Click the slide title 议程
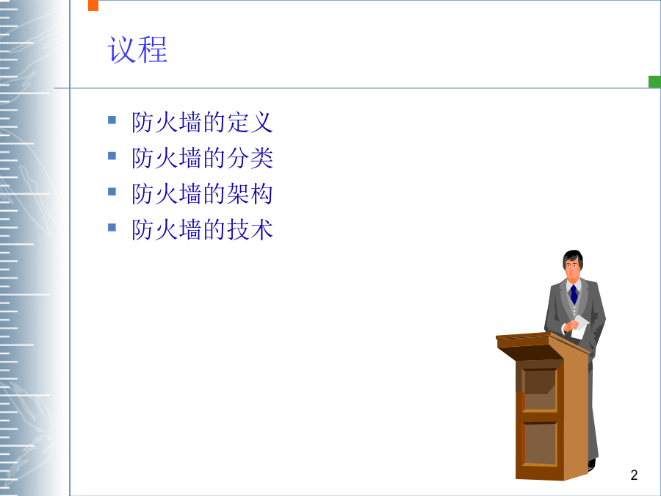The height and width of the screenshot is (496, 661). click(x=137, y=50)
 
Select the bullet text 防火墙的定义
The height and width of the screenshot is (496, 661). click(x=203, y=122)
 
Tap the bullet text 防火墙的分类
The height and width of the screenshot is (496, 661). click(x=203, y=158)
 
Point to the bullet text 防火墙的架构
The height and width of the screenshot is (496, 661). click(x=203, y=194)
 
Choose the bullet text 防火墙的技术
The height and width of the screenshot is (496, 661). click(x=203, y=230)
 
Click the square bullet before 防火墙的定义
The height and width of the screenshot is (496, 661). click(x=112, y=121)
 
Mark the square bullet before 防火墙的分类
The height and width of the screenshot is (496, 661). click(x=112, y=156)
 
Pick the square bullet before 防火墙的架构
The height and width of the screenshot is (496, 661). click(x=112, y=192)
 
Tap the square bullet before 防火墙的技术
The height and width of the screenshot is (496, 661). click(x=112, y=228)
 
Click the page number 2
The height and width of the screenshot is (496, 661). click(x=634, y=475)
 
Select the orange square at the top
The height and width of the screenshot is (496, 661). click(x=93, y=5)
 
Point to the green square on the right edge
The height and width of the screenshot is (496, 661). click(x=654, y=82)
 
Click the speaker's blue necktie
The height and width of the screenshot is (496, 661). click(x=574, y=295)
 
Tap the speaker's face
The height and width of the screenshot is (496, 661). click(x=572, y=269)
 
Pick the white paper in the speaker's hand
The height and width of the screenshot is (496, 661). click(x=580, y=326)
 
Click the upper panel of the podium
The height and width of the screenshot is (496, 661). click(x=540, y=389)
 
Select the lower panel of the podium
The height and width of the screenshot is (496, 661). click(x=540, y=443)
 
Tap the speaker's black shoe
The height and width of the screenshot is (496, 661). click(x=591, y=465)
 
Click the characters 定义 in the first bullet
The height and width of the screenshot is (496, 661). click(x=250, y=122)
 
